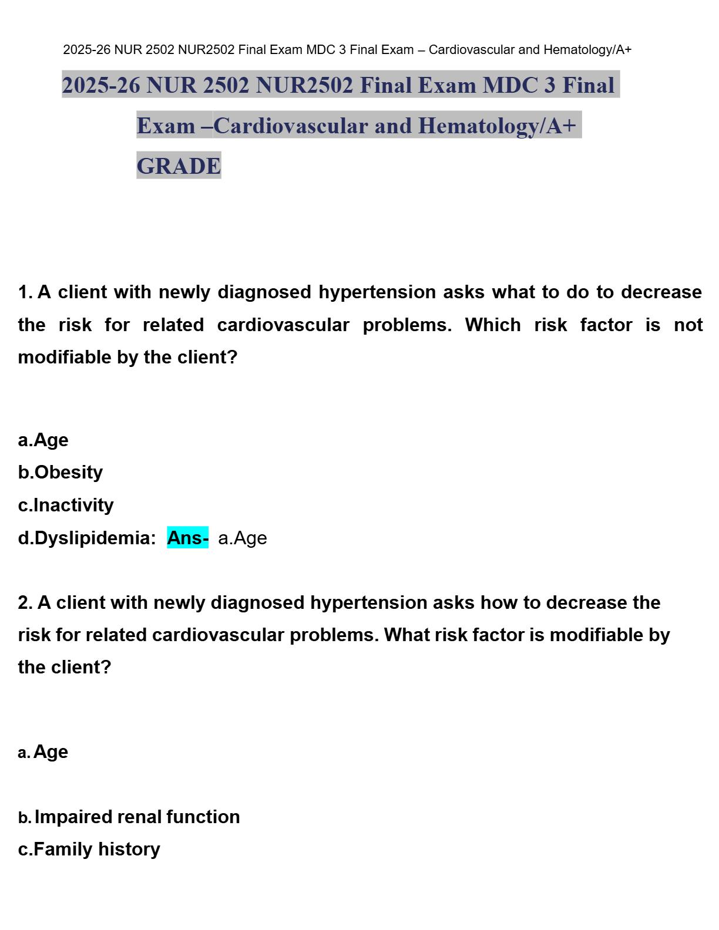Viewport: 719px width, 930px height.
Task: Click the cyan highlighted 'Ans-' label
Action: click(x=187, y=538)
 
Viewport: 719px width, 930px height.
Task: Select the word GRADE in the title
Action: click(x=179, y=166)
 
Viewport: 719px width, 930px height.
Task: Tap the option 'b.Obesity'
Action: click(x=61, y=472)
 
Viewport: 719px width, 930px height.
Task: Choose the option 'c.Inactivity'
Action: click(x=66, y=505)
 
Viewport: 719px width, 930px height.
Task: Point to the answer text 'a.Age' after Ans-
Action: click(x=242, y=538)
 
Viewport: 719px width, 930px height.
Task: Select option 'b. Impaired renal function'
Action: click(x=129, y=817)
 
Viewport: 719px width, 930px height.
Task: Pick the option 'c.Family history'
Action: click(x=89, y=849)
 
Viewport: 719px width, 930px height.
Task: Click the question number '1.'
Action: click(x=25, y=292)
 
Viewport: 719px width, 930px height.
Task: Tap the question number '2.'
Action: click(x=25, y=602)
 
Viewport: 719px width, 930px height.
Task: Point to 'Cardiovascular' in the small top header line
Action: click(x=472, y=50)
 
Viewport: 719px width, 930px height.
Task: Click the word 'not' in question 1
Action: click(x=688, y=325)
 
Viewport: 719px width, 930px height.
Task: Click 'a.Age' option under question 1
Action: click(x=43, y=440)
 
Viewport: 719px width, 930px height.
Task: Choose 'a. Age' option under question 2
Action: click(x=43, y=752)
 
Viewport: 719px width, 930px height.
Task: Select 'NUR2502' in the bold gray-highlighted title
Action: click(x=304, y=85)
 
